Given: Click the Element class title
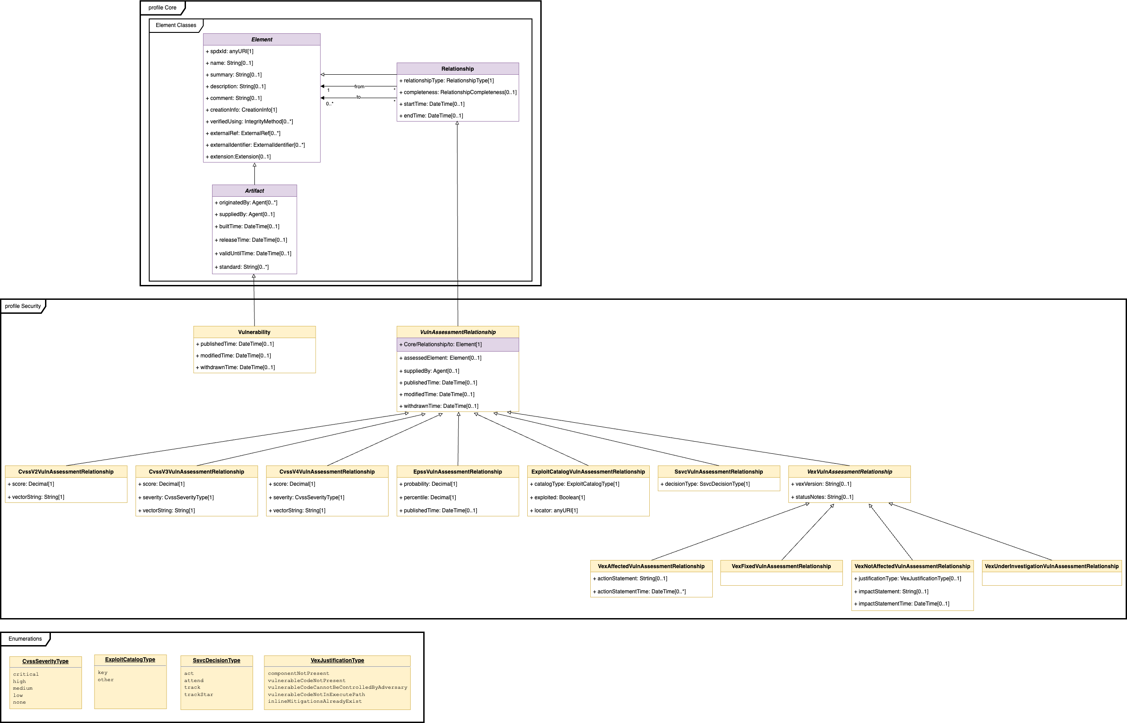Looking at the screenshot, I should click(x=262, y=40).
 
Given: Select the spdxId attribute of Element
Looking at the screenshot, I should click(x=231, y=51).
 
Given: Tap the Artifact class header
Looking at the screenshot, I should click(x=254, y=190).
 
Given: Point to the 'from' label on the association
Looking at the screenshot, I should click(x=359, y=86).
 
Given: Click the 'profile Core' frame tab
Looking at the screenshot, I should click(x=163, y=8).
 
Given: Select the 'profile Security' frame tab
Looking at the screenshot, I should click(x=23, y=306).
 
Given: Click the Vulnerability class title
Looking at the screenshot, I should click(x=254, y=332).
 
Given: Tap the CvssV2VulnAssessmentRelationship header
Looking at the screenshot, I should click(x=66, y=472).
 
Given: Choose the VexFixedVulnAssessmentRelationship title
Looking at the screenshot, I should click(x=781, y=566).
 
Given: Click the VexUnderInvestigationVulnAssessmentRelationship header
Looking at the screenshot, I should click(x=1051, y=566).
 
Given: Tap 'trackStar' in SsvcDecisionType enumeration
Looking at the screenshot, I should click(x=199, y=694).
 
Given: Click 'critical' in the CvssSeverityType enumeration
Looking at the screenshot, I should click(x=26, y=674).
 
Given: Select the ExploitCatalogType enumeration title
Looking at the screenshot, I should click(x=130, y=660).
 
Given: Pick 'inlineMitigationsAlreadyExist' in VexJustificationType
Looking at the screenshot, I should click(x=315, y=701).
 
